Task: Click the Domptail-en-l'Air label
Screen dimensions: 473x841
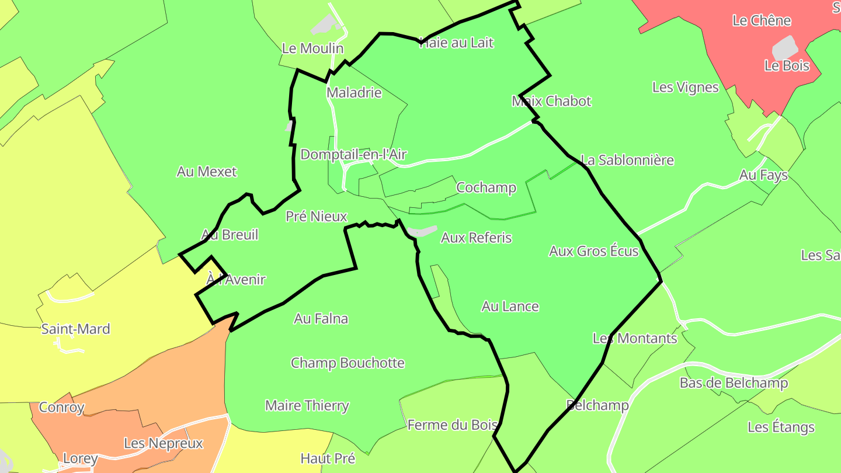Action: [x=353, y=155]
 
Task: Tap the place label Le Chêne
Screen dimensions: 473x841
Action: [x=762, y=20]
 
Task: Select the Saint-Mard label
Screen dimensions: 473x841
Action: [x=75, y=329]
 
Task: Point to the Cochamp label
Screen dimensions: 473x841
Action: [x=486, y=187]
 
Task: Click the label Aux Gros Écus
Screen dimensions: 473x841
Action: [x=593, y=251]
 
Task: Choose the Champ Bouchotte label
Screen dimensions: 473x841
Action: [x=347, y=363]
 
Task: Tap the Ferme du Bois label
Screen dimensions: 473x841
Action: [x=452, y=425]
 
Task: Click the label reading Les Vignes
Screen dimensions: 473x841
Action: [x=685, y=88]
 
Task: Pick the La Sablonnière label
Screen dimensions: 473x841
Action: [x=627, y=160]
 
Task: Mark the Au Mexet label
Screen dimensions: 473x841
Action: [x=207, y=172]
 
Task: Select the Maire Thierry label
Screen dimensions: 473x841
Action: [x=307, y=405]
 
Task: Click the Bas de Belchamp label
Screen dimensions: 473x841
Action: [x=734, y=383]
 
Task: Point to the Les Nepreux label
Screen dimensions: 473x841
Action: [x=163, y=443]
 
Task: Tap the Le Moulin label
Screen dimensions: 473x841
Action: [x=312, y=48]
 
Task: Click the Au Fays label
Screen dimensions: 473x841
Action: [x=763, y=175]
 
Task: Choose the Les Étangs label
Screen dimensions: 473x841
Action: [x=781, y=427]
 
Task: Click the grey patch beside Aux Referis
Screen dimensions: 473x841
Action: [x=422, y=231]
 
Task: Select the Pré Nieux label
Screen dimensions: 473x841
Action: [x=316, y=217]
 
